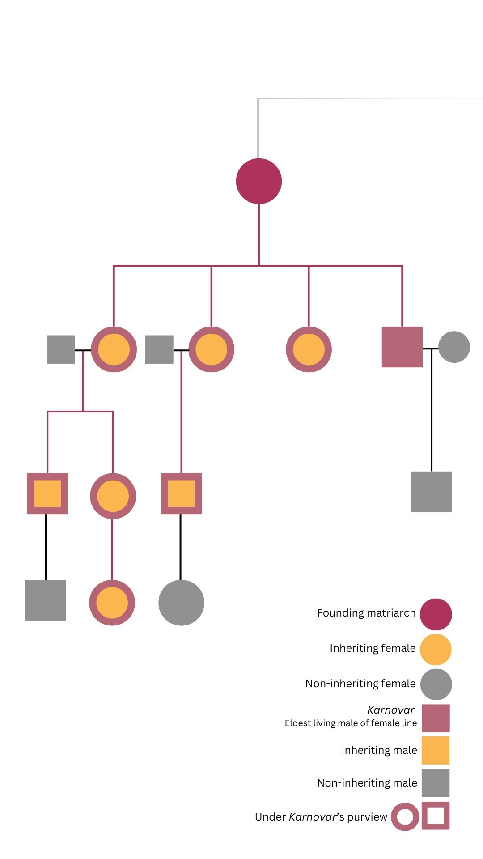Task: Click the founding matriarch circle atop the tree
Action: [259, 181]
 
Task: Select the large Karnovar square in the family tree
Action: [402, 347]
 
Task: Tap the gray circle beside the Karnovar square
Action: [454, 347]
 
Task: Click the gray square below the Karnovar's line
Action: [432, 492]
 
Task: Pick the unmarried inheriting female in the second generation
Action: [309, 349]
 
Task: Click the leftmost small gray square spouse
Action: [61, 349]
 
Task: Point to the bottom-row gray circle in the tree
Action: [181, 603]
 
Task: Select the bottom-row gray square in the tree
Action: [46, 600]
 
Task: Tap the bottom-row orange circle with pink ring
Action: [112, 603]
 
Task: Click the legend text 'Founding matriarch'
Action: [366, 613]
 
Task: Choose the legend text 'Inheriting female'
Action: [373, 648]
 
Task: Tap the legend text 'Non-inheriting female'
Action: [360, 684]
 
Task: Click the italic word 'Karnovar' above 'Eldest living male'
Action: [391, 710]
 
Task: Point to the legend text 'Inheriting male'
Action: [379, 750]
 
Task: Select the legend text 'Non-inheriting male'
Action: [367, 783]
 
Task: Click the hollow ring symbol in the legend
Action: [405, 817]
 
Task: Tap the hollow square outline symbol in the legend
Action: [436, 816]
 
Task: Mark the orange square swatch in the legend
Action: [436, 750]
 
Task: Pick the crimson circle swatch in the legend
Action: [436, 614]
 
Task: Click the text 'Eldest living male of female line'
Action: [351, 723]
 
